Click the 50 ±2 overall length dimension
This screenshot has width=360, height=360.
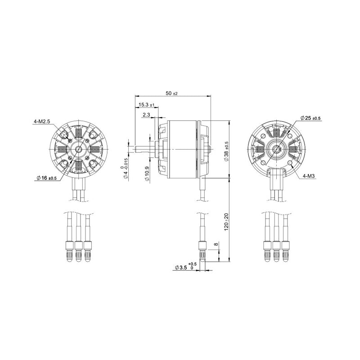[172, 93]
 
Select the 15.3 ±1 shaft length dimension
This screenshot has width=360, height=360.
[146, 105]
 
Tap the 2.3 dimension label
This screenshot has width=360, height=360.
[146, 115]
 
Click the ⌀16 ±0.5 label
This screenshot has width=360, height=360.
[45, 178]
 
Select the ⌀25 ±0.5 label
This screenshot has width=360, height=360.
[310, 118]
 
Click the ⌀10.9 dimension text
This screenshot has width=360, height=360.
[147, 173]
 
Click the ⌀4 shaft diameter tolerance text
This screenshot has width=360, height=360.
[126, 169]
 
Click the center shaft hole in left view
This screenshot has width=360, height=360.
[79, 149]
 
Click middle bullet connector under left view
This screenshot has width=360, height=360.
[79, 251]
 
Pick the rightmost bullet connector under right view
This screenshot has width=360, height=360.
[285, 251]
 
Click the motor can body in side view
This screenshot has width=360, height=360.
[182, 149]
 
